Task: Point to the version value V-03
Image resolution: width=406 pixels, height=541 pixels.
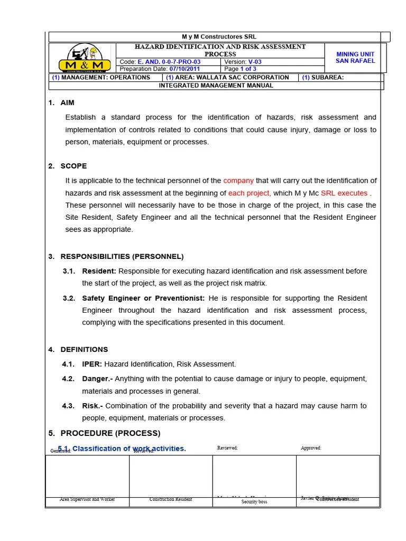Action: pyautogui.click(x=255, y=62)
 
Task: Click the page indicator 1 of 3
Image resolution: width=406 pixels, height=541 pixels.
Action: pyautogui.click(x=248, y=69)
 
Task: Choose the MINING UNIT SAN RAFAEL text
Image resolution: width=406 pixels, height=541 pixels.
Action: pyautogui.click(x=355, y=58)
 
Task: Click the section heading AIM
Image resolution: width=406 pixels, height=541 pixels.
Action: pyautogui.click(x=68, y=102)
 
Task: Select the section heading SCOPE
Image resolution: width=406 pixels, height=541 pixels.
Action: pyautogui.click(x=73, y=166)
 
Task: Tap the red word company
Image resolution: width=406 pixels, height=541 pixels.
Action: pyautogui.click(x=238, y=181)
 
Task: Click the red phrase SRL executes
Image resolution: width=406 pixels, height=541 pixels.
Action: pyautogui.click(x=344, y=193)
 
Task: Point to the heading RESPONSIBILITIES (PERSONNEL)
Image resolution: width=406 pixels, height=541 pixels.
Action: pyautogui.click(x=122, y=257)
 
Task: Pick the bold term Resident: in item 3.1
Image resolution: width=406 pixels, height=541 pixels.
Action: pyautogui.click(x=99, y=271)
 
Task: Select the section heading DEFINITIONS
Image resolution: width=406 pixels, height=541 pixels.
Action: pyautogui.click(x=84, y=350)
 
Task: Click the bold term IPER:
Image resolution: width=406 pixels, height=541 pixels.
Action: pyautogui.click(x=92, y=364)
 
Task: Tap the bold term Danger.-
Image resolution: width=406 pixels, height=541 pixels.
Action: pyautogui.click(x=97, y=379)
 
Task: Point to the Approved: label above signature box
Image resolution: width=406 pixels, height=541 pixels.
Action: pyautogui.click(x=311, y=448)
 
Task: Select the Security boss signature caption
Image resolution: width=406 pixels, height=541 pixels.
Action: pyautogui.click(x=254, y=502)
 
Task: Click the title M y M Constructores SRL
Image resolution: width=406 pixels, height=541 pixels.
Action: pyautogui.click(x=219, y=37)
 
